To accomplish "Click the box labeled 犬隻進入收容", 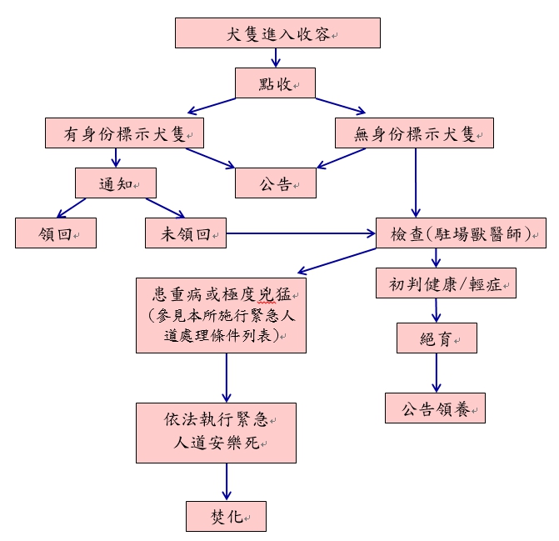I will (277, 33).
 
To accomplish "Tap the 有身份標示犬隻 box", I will (125, 133).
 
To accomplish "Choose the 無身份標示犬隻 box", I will (414, 133).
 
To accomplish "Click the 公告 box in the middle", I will (276, 183).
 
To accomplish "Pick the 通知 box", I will (116, 183).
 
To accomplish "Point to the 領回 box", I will (56, 233).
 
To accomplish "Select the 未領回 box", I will (185, 233).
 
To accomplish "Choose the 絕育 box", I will (436, 337).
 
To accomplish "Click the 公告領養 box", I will (435, 408).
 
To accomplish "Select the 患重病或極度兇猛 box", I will (221, 315).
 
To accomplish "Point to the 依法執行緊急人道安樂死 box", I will (216, 433).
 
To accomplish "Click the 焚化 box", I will (226, 516).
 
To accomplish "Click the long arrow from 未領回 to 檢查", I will (300, 233).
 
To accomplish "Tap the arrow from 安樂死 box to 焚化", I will (227, 482).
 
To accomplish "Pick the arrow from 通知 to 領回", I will (71, 208).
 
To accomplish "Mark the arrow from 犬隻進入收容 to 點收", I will (276, 58).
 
